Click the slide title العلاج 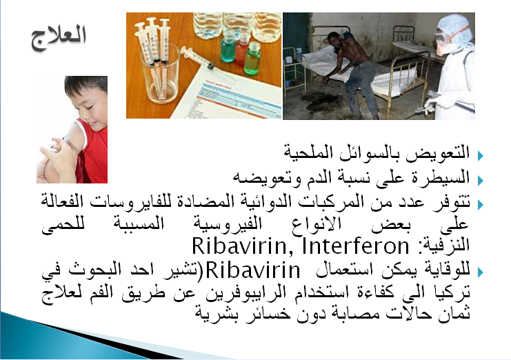(x=59, y=38)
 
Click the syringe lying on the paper (x=197, y=58)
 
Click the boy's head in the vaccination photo (x=87, y=98)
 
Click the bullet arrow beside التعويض (x=481, y=156)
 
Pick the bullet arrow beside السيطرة (x=481, y=180)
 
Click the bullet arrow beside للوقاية (x=481, y=272)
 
